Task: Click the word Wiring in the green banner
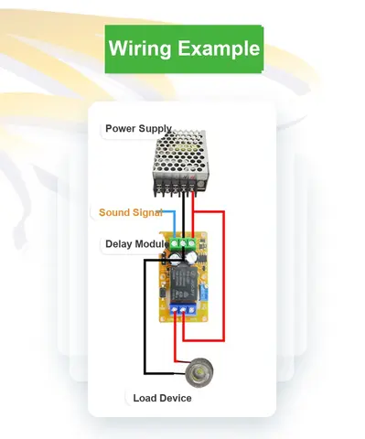[140, 48]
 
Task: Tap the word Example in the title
[219, 48]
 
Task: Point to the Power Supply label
[138, 128]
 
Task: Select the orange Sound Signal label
[131, 212]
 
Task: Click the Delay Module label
[137, 244]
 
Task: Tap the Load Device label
[162, 398]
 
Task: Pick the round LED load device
[199, 371]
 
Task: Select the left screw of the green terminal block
[175, 243]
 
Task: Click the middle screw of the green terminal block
[183, 243]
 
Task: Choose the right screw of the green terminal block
[191, 243]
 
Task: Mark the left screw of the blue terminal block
[175, 310]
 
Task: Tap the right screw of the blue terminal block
[191, 310]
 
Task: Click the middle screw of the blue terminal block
[183, 310]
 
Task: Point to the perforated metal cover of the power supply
[180, 153]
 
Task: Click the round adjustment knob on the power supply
[200, 184]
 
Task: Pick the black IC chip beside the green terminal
[202, 257]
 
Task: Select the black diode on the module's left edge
[163, 294]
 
